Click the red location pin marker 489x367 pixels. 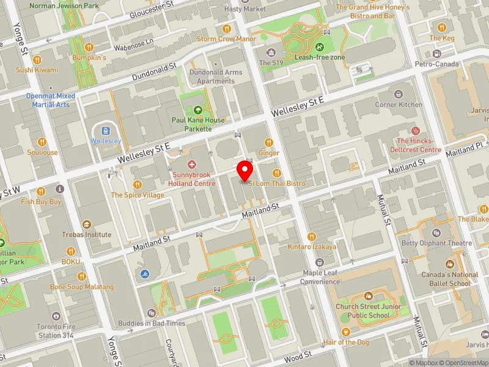pyautogui.click(x=245, y=170)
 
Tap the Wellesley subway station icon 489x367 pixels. pyautogui.click(x=106, y=130)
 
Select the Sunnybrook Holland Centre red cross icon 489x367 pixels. pyautogui.click(x=192, y=165)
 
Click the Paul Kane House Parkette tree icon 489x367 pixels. pyautogui.click(x=197, y=110)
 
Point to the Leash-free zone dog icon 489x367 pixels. pyautogui.click(x=318, y=46)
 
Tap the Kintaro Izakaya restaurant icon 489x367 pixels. pyautogui.click(x=312, y=236)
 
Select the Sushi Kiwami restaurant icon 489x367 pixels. pyautogui.click(x=37, y=59)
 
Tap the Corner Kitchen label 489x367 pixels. pyautogui.click(x=399, y=104)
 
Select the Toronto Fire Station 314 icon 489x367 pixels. pyautogui.click(x=56, y=316)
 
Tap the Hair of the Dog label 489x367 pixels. pyautogui.click(x=346, y=343)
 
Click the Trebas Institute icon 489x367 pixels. pyautogui.click(x=86, y=224)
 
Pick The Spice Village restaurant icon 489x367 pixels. pyautogui.click(x=138, y=184)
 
